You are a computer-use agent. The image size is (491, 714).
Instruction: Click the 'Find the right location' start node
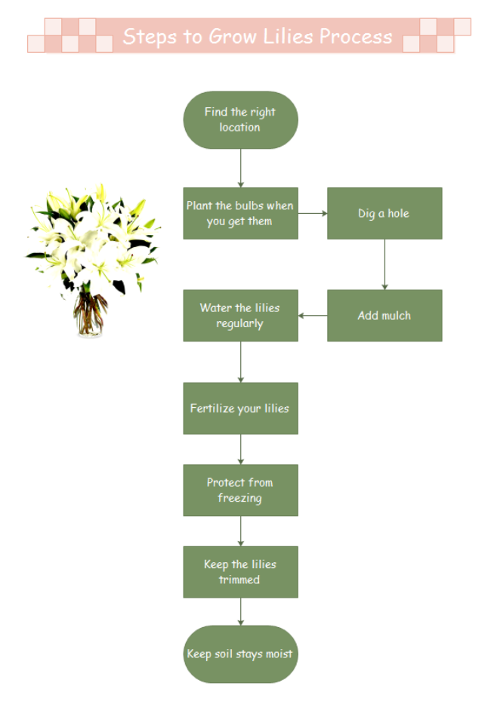[240, 120]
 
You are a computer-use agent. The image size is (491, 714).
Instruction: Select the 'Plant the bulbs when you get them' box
[240, 213]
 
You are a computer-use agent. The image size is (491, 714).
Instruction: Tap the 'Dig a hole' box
[384, 213]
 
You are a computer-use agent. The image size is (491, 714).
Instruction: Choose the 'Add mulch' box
[384, 315]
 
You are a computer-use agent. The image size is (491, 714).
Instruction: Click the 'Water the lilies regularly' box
[240, 315]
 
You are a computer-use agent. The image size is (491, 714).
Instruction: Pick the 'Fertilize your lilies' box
[240, 408]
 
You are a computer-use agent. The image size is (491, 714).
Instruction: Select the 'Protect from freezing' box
[240, 490]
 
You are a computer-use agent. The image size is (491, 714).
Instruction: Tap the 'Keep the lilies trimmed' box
[240, 572]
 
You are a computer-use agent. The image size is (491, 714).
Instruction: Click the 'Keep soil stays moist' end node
[240, 654]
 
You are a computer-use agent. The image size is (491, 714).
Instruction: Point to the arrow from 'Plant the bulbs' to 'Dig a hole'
[312, 213]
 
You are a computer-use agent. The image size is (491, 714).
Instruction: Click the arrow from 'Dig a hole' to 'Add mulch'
[384, 264]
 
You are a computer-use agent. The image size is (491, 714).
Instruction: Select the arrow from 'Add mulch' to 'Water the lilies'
[313, 315]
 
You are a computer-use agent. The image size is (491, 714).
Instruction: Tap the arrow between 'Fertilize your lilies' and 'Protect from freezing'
[241, 449]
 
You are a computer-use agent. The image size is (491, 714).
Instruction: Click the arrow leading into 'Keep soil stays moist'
[241, 611]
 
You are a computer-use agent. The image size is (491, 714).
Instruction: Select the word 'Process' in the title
[356, 36]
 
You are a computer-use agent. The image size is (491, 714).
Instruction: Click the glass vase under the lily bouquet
[90, 314]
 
